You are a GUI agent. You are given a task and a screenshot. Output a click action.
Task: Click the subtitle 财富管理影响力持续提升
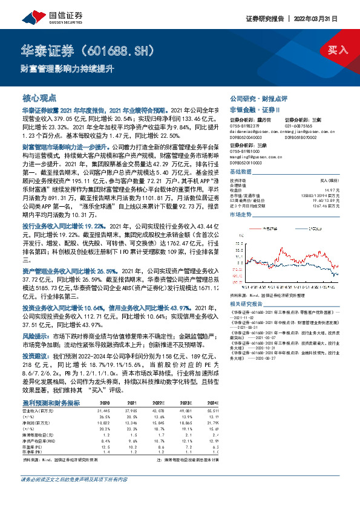59,69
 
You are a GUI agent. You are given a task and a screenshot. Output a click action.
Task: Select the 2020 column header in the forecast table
105,402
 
